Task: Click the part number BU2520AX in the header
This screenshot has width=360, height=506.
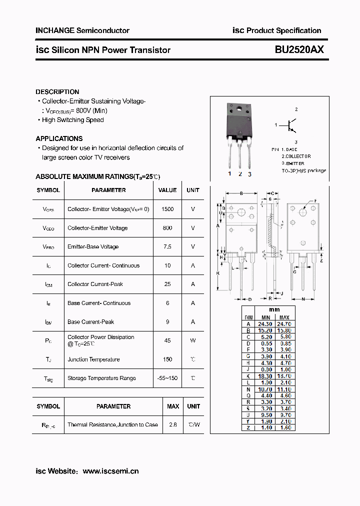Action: pos(299,49)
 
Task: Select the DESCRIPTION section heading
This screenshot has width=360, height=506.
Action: pos(57,92)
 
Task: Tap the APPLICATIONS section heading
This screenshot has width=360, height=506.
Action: pos(59,138)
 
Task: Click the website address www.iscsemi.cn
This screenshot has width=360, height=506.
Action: pos(110,471)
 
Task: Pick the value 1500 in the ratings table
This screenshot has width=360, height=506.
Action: pos(167,209)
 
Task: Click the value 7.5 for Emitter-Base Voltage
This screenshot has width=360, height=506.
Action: pos(167,246)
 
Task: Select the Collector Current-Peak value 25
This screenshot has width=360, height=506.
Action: pos(167,284)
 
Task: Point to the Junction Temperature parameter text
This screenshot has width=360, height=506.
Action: pos(93,359)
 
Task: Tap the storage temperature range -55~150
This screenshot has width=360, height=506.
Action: pos(167,378)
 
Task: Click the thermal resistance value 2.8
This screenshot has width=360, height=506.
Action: pos(173,424)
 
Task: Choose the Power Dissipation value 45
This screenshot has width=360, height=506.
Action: pos(167,340)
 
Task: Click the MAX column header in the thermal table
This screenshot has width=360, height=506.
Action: pos(173,406)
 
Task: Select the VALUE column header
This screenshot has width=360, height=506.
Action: pos(167,190)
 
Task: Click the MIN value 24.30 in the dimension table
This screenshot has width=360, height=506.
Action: pos(265,324)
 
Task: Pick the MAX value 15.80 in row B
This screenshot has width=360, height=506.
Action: pos(284,330)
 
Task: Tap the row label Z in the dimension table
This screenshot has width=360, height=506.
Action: pos(248,428)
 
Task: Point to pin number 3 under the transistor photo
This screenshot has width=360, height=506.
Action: pos(249,174)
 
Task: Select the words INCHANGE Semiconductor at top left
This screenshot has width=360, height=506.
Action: pos(82,30)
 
